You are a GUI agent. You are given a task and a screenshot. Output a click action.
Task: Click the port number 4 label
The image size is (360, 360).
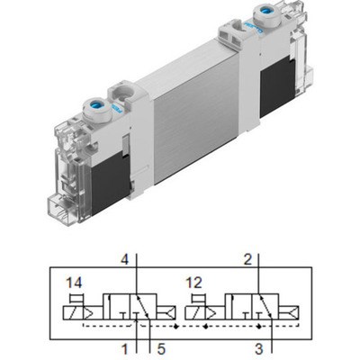[x=125, y=261]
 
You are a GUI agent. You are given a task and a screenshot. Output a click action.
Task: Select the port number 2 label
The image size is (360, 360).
[x=247, y=261]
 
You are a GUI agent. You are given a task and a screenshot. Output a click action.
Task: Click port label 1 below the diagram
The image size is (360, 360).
[x=125, y=344]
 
